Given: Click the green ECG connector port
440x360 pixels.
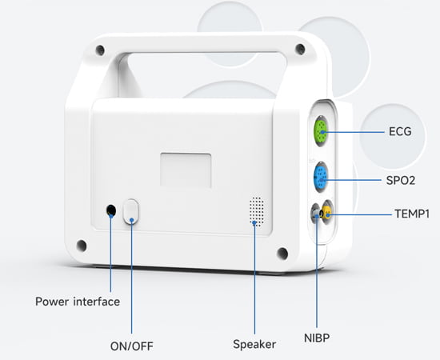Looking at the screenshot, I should [320, 131].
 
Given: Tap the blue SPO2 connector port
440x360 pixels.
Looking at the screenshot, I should [320, 177].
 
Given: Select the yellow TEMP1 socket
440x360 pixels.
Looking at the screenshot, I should [326, 213].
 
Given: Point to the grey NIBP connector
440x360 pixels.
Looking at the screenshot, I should [315, 214].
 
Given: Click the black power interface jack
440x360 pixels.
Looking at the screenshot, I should [112, 211].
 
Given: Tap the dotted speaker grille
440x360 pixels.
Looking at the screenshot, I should [256, 210].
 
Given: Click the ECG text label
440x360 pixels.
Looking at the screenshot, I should [399, 131].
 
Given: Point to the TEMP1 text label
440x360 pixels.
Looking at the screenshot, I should [412, 214].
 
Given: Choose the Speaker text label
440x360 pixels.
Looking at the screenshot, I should [254, 344].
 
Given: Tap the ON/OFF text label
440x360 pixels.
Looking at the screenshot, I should [131, 346].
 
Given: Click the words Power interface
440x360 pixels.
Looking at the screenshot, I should [78, 302].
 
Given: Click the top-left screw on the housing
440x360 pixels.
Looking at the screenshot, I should [99, 50].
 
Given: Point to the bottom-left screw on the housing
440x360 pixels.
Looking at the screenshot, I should [82, 245].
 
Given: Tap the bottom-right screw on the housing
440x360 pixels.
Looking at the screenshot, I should [282, 254].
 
